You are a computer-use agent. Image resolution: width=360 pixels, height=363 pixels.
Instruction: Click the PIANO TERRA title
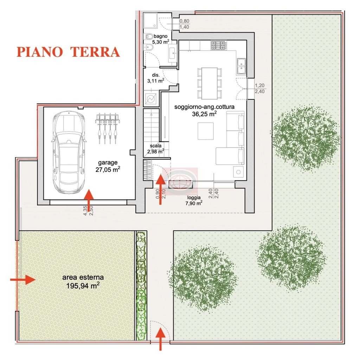68,52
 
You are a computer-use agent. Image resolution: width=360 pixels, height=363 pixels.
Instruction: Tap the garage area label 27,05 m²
108,169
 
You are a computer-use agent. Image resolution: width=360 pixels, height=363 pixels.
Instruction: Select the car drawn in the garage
69,153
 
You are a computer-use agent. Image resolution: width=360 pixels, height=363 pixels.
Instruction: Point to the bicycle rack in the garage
108,128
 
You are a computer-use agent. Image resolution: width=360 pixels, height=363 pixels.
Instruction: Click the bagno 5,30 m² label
161,39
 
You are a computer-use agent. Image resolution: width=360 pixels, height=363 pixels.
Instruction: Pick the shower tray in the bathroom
150,21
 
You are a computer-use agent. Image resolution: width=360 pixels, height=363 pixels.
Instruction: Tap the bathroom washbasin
173,53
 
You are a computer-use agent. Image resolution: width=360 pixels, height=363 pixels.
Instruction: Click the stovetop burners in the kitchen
218,45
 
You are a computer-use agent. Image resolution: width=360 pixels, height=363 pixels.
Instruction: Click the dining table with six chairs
210,83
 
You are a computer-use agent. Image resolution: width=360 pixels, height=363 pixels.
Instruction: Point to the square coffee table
206,131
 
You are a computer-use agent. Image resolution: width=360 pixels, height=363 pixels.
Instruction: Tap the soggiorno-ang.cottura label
204,107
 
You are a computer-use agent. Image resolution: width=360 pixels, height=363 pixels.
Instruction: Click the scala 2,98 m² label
156,149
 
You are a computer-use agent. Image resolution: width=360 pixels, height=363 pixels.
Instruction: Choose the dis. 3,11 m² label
156,78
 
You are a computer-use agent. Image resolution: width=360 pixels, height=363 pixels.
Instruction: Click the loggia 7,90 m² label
194,201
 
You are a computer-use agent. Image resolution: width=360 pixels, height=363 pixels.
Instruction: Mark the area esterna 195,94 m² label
83,281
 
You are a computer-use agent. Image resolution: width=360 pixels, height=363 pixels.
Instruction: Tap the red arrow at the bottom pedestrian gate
160,339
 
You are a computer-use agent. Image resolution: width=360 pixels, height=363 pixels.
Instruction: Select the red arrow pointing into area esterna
23,280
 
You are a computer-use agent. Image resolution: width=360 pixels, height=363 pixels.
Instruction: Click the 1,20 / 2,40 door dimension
260,89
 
